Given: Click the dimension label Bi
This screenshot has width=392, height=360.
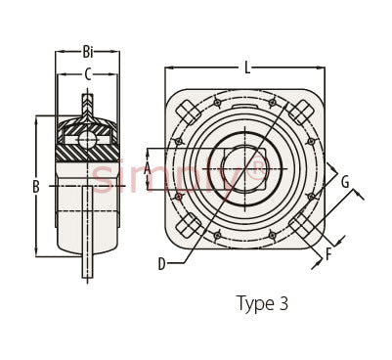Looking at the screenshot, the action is pos(88,52).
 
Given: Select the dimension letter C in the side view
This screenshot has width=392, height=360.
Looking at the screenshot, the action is pos(88,74).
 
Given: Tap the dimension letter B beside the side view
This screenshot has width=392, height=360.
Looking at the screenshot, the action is pos(36,187).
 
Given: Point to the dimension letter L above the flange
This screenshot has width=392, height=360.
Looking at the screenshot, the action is pos(248,67).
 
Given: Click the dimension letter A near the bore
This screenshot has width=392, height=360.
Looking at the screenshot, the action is pos(148,169).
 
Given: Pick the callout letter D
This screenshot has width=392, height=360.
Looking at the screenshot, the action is pos(162,264).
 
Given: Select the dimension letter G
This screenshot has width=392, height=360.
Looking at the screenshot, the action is pos(345,182).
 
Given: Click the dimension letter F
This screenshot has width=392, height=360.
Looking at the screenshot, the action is pos(328,254).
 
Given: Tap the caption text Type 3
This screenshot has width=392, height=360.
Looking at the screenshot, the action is pos(262,303).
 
